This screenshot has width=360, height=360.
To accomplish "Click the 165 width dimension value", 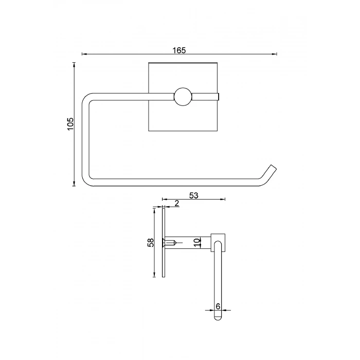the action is coord(179,50).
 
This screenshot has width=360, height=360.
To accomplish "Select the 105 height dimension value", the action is coord(70,124).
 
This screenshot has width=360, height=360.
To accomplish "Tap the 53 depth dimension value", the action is coord(193,195).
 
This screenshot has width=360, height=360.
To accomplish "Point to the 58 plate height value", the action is coord(151,242).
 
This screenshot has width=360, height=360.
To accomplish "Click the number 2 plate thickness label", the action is coord(176,203).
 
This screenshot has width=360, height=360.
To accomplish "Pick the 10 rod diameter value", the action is coord(197,242).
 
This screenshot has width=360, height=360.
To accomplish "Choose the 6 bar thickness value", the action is coord(218,306).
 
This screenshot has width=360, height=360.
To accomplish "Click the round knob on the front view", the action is coord(183,97).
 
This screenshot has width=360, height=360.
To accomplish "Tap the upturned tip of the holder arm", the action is coord(273,168).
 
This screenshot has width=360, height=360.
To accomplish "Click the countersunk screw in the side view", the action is coord(169,242).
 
